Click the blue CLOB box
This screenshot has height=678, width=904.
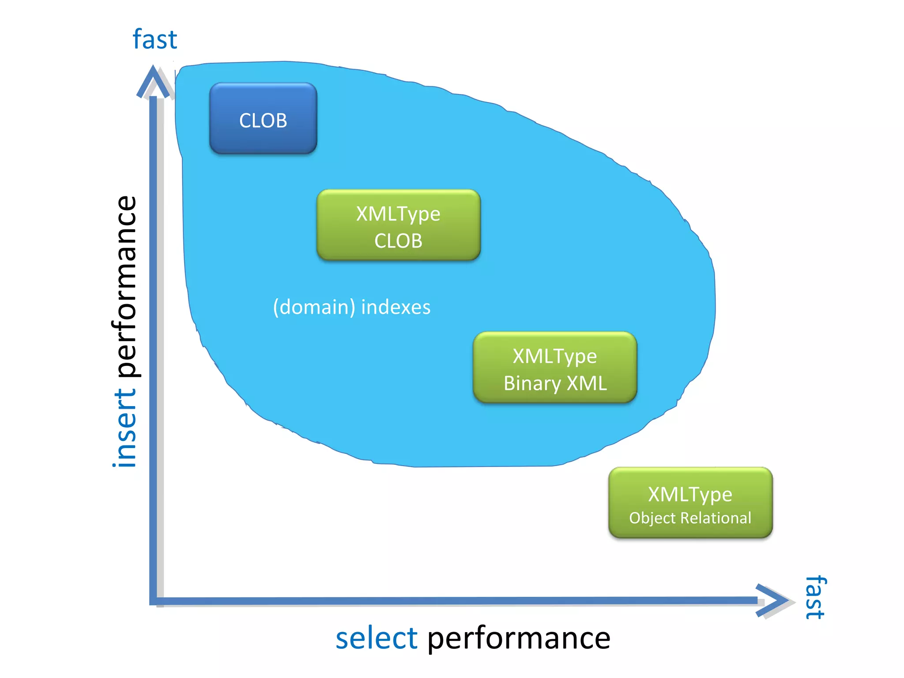coord(263,118)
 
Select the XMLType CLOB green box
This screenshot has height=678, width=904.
coord(398,225)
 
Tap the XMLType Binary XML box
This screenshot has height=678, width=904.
coord(555,367)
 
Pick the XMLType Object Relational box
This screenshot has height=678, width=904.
coord(690,503)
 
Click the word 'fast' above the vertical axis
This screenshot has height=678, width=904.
coord(154,39)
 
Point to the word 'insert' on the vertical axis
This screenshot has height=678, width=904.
coord(125,427)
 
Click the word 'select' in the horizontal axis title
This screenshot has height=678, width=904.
coord(376,638)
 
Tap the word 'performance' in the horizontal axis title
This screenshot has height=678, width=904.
coord(519,639)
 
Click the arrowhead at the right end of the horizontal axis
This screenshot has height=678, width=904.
coord(772,600)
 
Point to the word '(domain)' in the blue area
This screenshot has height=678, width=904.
coord(314,307)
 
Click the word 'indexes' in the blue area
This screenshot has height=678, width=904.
coord(395,307)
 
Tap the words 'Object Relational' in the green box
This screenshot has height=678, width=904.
coord(690,518)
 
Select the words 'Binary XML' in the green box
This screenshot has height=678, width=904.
coord(555,383)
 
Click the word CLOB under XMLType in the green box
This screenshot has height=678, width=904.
coord(398,241)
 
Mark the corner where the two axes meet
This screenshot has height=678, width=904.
coord(154,601)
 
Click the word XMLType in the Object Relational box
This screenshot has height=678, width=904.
coord(690,494)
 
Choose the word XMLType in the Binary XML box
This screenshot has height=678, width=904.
coord(554,357)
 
